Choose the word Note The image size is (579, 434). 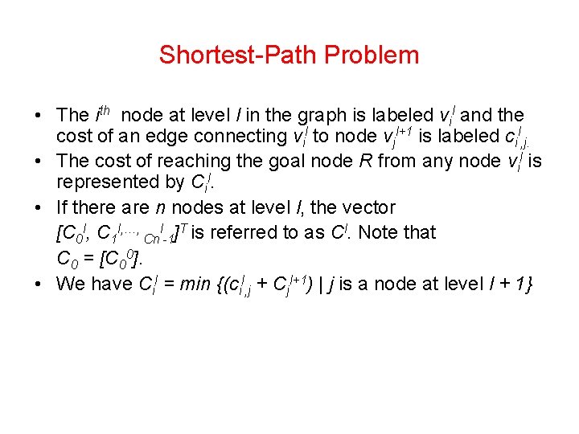[x=378, y=233]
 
